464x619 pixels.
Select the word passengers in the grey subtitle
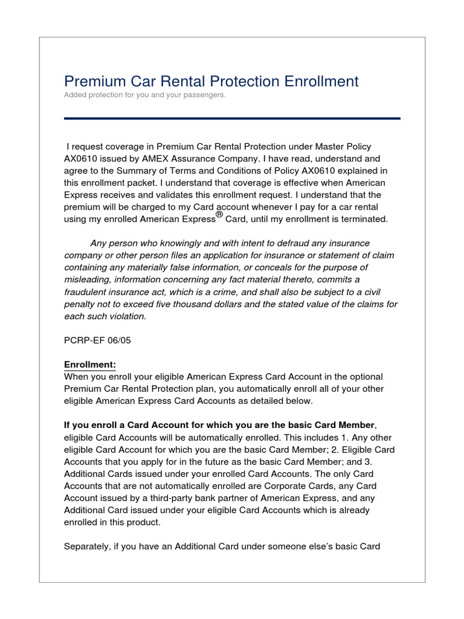coord(205,96)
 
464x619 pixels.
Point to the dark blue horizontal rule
coord(232,118)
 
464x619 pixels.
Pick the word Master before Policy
coord(326,147)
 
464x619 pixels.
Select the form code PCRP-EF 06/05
coord(97,340)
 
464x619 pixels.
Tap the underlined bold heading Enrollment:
coord(90,365)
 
